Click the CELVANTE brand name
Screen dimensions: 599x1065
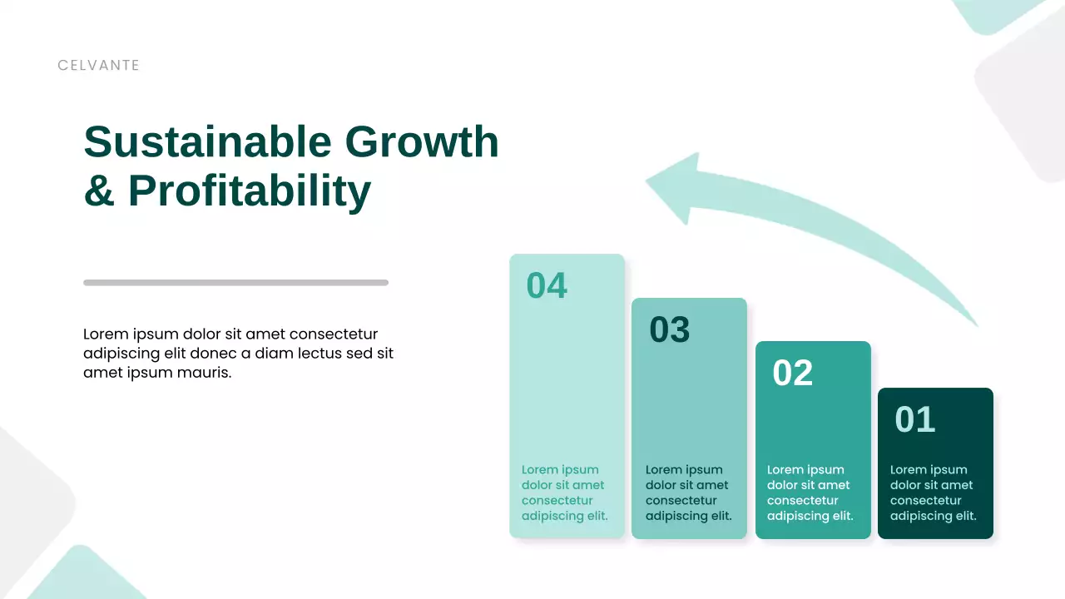tap(98, 65)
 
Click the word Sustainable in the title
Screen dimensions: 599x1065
tap(207, 141)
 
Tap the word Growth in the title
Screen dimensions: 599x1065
tap(422, 141)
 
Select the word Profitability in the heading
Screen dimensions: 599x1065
tap(249, 191)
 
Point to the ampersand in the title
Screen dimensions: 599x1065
tap(99, 191)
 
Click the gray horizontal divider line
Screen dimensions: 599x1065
tap(235, 283)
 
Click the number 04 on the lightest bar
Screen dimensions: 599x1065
tap(547, 285)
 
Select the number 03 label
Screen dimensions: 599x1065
tap(670, 329)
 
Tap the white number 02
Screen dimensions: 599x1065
tap(792, 373)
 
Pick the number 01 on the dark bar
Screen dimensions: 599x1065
tap(914, 419)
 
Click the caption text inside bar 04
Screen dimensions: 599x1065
tap(564, 493)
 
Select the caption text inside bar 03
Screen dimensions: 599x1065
tap(688, 493)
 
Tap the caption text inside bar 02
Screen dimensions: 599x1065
tap(810, 493)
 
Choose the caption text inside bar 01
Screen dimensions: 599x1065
tap(933, 493)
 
